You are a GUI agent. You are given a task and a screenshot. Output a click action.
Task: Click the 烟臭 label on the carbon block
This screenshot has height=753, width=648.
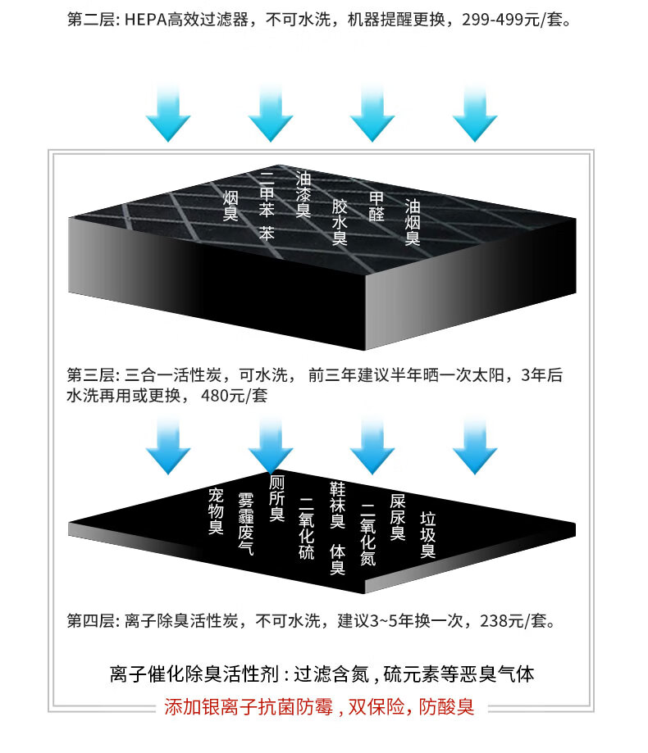pos(230,205)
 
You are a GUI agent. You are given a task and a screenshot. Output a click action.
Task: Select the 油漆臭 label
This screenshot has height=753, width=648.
pos(303,193)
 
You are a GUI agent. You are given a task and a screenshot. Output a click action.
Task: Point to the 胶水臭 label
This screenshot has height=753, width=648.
pos(340,221)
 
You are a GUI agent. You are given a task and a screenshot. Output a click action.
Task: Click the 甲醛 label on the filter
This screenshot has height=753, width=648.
pos(376,206)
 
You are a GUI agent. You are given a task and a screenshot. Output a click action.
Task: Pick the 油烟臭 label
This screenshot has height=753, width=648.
pos(413,221)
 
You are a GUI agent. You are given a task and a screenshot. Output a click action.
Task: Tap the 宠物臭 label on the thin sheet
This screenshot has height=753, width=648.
pos(216,510)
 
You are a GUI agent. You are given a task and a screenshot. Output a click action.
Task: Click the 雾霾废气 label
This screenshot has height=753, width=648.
pos(245,524)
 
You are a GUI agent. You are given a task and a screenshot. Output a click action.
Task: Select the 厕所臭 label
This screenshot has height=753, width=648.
pos(277,498)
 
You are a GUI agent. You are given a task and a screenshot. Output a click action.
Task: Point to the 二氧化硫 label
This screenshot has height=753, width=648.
pos(307,528)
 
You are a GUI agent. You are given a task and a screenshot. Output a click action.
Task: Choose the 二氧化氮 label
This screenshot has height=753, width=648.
pos(367,533)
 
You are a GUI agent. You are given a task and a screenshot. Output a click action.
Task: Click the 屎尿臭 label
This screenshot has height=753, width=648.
pos(398,517)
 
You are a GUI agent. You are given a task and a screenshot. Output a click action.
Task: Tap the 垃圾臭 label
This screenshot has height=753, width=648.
pos(427,535)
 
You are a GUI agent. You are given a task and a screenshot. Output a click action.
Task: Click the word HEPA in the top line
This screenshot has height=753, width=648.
pos(147,18)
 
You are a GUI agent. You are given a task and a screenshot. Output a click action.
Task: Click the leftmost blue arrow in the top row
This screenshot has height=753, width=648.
pos(168,115)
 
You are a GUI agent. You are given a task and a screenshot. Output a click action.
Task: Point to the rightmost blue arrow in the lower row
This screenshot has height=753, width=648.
pos(474,447)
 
